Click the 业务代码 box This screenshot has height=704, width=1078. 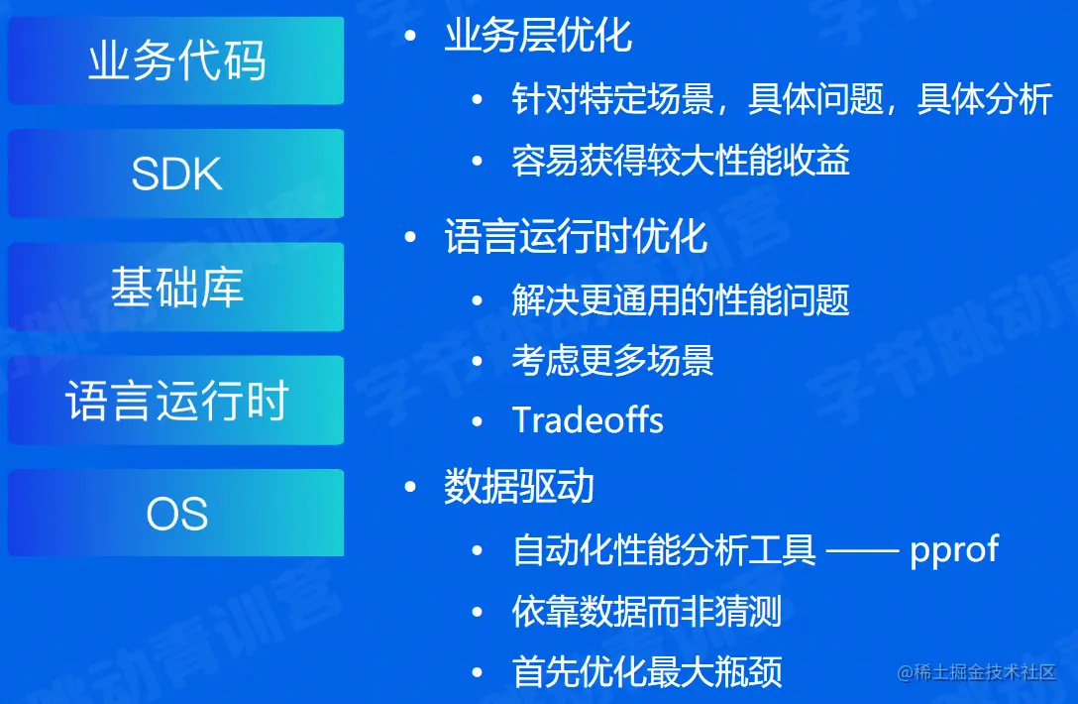[x=176, y=60]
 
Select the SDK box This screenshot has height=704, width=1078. [x=176, y=174]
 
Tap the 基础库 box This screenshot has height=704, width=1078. [x=176, y=288]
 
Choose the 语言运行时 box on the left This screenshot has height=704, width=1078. [x=176, y=401]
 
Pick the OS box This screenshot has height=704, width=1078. [x=176, y=514]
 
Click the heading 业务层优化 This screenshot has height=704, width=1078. [x=538, y=36]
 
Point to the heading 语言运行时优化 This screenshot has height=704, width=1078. [x=576, y=237]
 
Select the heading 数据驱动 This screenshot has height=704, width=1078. [x=518, y=487]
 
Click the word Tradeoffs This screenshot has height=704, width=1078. [x=588, y=420]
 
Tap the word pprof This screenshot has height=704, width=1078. [x=954, y=549]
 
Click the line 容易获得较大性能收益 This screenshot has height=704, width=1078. [x=681, y=161]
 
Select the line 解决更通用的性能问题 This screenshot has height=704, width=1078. [x=681, y=299]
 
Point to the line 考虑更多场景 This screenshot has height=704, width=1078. [x=612, y=360]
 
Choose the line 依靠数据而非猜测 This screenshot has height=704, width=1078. [x=647, y=612]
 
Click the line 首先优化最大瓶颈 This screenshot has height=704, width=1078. [x=647, y=671]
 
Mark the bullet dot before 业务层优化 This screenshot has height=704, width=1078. [x=410, y=37]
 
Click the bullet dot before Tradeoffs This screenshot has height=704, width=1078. [x=479, y=420]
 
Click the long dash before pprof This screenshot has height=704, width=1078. [x=861, y=550]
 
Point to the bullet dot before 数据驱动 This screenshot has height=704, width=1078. [x=410, y=488]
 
